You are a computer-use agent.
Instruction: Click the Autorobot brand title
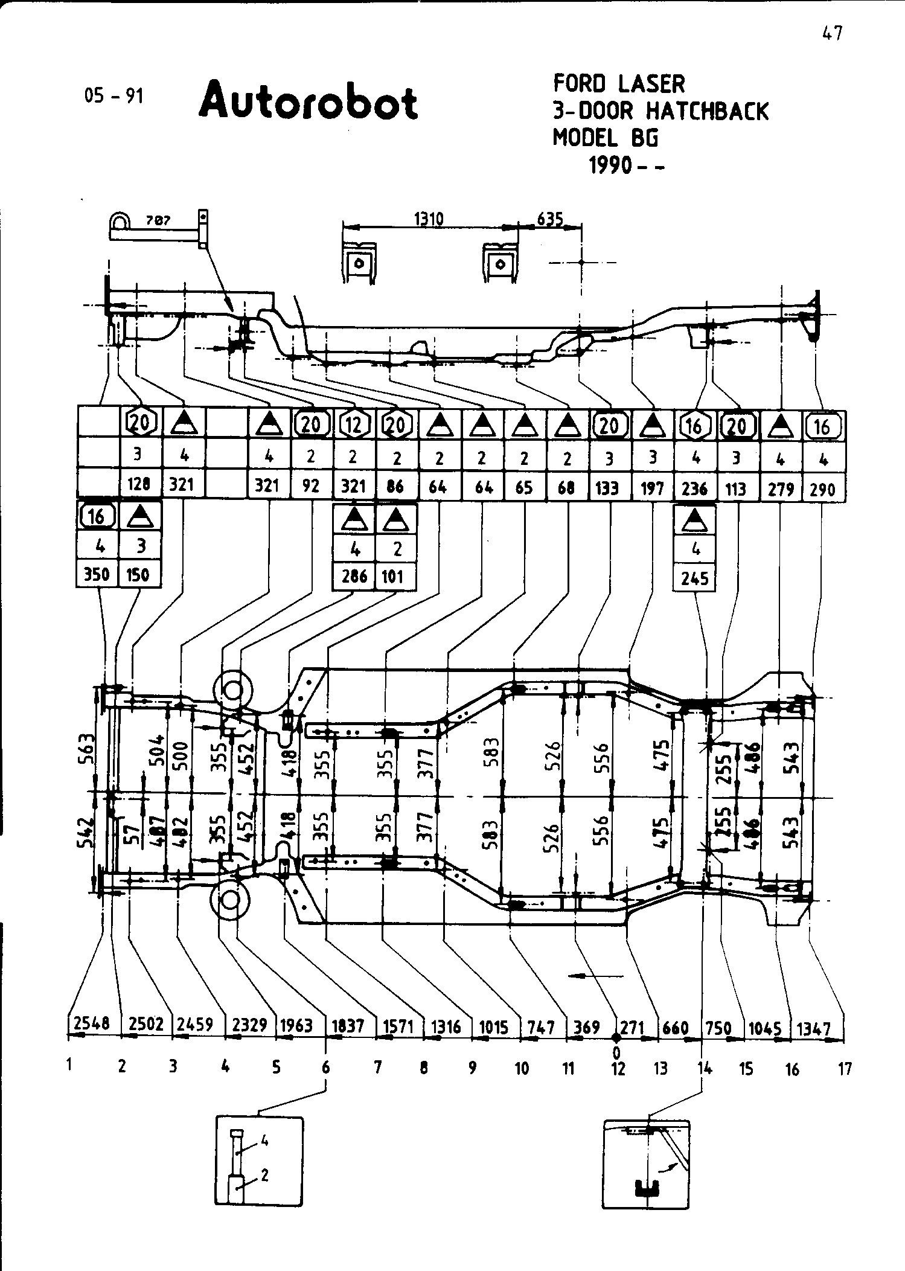tap(308, 101)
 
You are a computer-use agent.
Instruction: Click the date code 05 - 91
tap(114, 95)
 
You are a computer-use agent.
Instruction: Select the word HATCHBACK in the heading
tap(707, 111)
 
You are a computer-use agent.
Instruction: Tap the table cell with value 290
tap(822, 488)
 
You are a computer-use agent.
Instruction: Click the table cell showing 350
tap(97, 574)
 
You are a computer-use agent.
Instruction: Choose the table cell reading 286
tap(354, 576)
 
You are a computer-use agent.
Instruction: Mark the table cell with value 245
tap(694, 578)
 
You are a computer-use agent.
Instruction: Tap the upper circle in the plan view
tap(232, 690)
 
